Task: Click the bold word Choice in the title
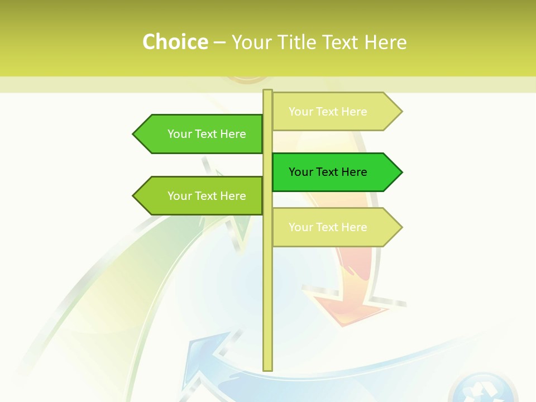point(175,42)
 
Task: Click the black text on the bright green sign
point(328,172)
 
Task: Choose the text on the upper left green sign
point(207,134)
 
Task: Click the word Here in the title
point(385,42)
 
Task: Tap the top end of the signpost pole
point(268,92)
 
